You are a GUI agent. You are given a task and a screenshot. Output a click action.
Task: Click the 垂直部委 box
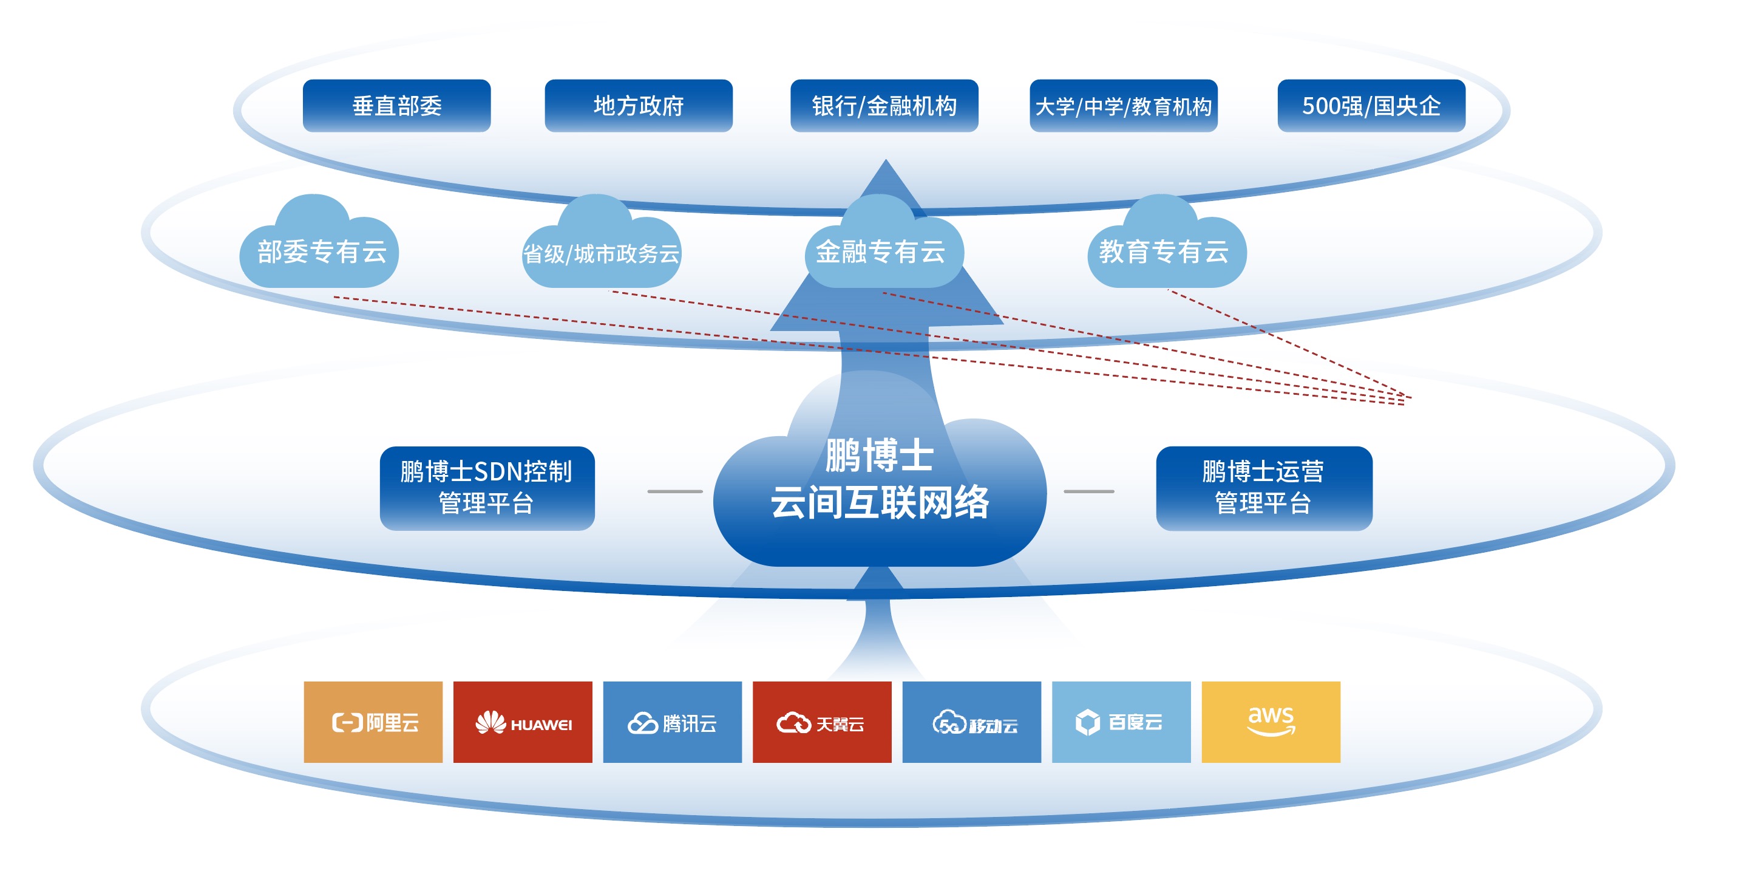pos(397,106)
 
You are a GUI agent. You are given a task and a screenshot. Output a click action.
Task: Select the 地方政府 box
pos(639,106)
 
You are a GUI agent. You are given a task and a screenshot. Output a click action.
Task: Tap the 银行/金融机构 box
pos(884,106)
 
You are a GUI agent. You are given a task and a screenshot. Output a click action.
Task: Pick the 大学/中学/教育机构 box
pos(1123,106)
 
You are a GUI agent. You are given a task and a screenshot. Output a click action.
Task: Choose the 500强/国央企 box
pos(1371,106)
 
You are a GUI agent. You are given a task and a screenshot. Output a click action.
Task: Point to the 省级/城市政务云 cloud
pos(601,253)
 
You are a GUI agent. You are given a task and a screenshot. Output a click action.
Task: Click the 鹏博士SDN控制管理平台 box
pos(487,488)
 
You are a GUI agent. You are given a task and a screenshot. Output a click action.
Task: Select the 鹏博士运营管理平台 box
pos(1263,488)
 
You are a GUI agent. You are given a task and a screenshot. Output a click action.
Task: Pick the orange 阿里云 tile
pos(373,722)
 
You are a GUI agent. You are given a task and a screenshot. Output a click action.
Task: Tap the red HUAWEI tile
pos(523,722)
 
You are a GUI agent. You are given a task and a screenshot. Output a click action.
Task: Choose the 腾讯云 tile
pos(672,722)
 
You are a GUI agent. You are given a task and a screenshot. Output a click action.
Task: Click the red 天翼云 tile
pos(822,722)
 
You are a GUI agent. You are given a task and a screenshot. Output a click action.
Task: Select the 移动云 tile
pos(971,722)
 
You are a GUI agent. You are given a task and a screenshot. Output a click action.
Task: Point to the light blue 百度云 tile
pos(1121,722)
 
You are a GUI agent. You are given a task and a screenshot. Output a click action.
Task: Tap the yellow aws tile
pos(1271,722)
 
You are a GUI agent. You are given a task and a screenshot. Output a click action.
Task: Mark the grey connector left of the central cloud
pos(674,491)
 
